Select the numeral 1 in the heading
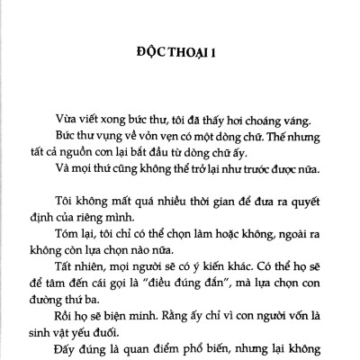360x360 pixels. (216, 51)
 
